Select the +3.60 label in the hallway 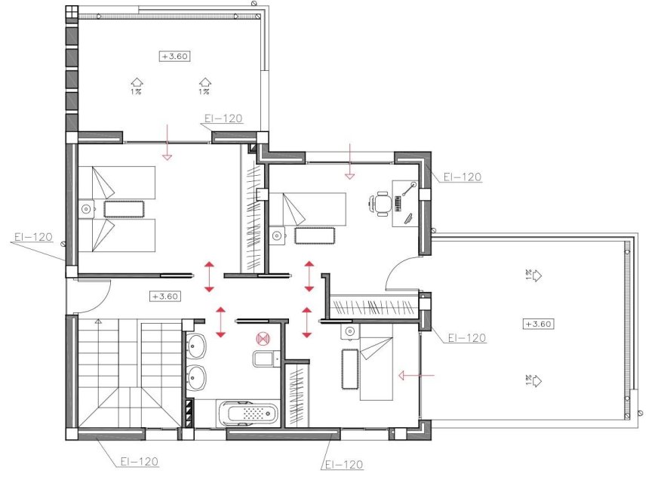click(x=164, y=296)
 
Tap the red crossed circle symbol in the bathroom click(x=263, y=339)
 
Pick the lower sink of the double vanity click(x=196, y=377)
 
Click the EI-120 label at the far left click(x=32, y=237)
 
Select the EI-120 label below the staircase click(x=139, y=460)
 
